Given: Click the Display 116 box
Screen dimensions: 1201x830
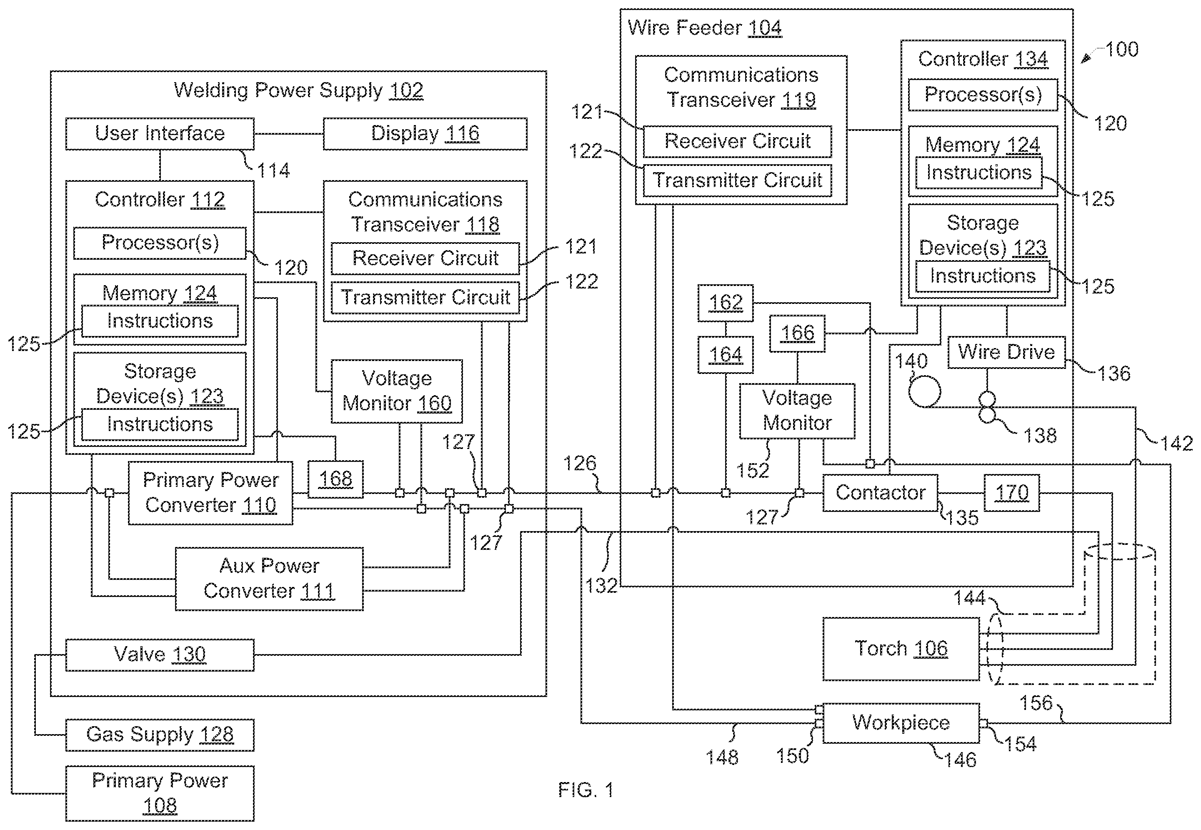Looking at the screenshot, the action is tap(425, 134).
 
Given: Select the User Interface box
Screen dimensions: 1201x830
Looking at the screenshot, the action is tap(160, 134).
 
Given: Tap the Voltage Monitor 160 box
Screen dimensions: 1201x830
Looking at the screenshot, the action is tap(397, 391).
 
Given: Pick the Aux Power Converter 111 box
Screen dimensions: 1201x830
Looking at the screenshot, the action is tap(269, 578).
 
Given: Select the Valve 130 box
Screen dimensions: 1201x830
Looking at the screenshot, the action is tap(160, 655).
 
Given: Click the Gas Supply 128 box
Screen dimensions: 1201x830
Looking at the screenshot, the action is tap(160, 735).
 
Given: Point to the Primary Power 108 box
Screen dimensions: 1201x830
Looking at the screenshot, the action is tap(160, 793).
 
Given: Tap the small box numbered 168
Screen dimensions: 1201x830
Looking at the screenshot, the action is tap(335, 479).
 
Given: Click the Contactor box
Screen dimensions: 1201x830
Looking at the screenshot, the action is tap(880, 492).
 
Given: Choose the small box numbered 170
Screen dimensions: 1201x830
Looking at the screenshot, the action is tap(1012, 492).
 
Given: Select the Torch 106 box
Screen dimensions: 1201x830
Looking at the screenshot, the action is tap(901, 649).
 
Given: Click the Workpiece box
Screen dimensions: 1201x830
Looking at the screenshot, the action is tap(901, 723).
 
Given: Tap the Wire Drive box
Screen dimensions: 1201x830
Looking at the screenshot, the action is tap(1006, 353).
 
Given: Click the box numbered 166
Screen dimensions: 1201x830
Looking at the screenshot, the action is tap(797, 334).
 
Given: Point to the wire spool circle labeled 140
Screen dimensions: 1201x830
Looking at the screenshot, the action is tap(924, 391).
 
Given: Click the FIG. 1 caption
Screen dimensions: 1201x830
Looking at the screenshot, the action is tap(586, 790).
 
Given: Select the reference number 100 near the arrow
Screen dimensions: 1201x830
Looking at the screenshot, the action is tap(1121, 50).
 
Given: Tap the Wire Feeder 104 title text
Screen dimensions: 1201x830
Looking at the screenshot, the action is tap(705, 28).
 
